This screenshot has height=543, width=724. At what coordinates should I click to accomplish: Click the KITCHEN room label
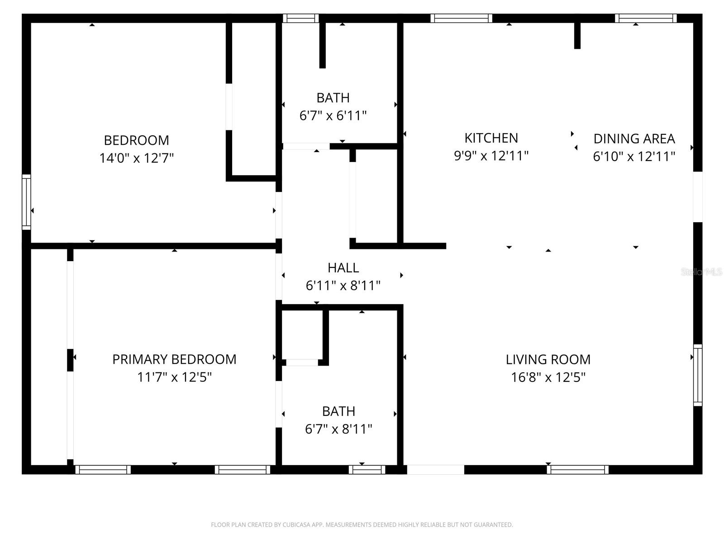click(x=491, y=138)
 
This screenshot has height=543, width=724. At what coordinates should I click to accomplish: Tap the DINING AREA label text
click(x=634, y=138)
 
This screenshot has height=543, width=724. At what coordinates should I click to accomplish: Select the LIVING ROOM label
click(x=548, y=359)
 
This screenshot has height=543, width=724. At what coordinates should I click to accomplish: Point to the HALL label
click(x=343, y=268)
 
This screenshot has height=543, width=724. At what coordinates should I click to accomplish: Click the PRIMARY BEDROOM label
click(x=174, y=359)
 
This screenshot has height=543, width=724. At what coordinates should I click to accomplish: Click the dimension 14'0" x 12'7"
click(x=137, y=158)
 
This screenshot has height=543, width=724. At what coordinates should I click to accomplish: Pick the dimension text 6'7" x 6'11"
click(x=333, y=115)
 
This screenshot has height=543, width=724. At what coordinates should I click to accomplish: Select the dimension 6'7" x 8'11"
click(x=338, y=429)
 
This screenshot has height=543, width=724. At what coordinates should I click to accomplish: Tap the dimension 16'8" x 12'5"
click(x=548, y=377)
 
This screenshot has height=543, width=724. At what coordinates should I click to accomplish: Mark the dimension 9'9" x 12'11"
click(x=491, y=156)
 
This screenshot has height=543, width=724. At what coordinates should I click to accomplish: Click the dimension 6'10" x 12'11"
click(x=634, y=156)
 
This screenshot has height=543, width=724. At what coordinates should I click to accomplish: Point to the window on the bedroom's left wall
click(x=26, y=202)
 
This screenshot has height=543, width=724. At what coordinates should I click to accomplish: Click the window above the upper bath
click(x=301, y=18)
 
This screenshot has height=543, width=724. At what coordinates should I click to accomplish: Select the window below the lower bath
click(x=367, y=470)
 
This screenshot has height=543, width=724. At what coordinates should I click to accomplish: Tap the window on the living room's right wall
click(x=698, y=375)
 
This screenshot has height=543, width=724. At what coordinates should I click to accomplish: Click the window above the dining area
click(x=646, y=18)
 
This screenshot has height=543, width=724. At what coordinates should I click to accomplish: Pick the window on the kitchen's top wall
click(x=461, y=18)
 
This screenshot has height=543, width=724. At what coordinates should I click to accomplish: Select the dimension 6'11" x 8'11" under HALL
click(x=343, y=286)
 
